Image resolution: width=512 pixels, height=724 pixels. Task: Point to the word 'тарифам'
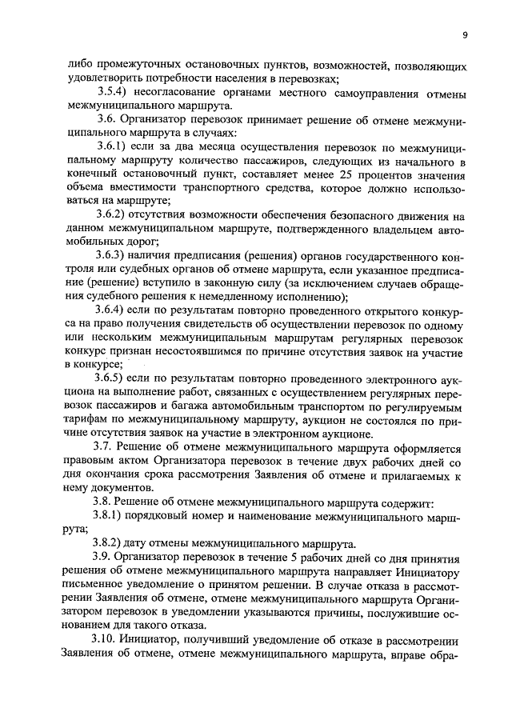[85, 420]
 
